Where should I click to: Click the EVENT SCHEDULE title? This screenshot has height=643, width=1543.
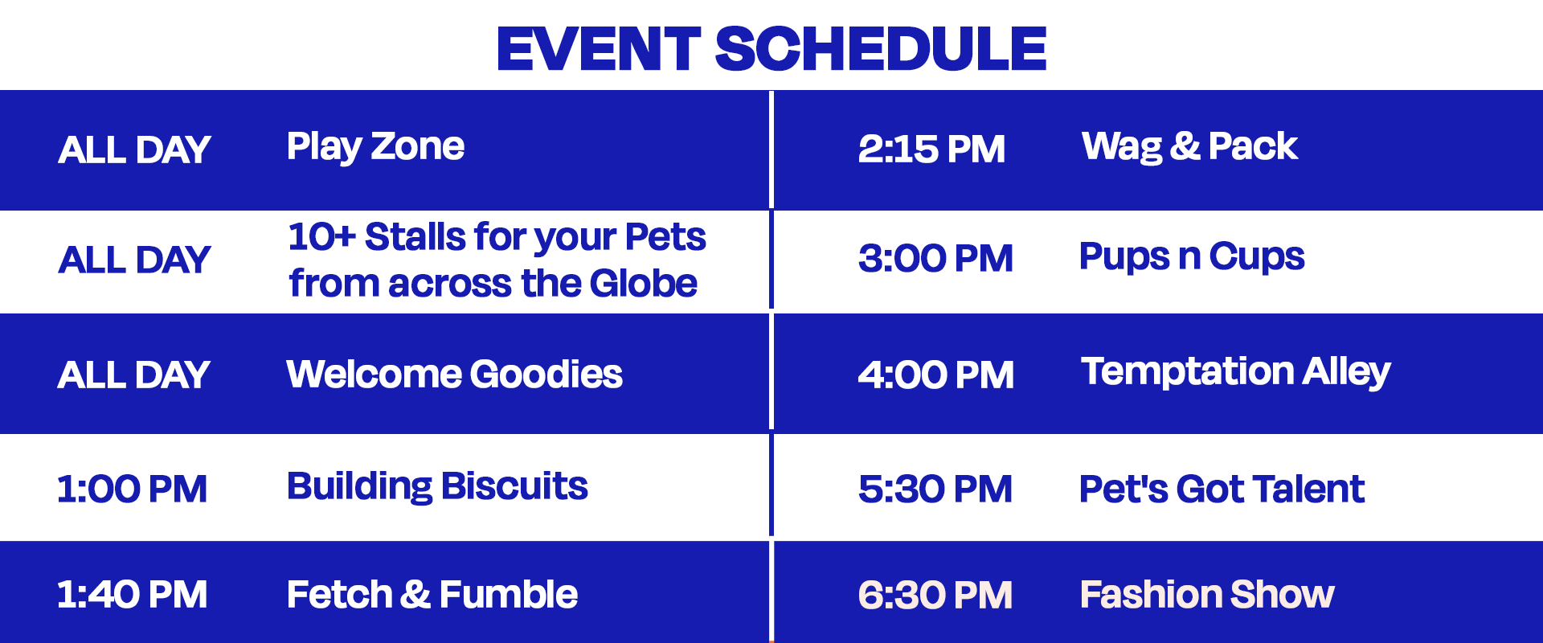tap(771, 48)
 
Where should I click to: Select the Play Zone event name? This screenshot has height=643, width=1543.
tap(375, 147)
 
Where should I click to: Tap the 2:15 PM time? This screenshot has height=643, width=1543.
tap(931, 149)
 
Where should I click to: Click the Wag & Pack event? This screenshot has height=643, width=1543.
tap(1189, 147)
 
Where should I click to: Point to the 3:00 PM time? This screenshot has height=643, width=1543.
tap(935, 259)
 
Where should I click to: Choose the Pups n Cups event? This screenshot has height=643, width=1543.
tap(1192, 257)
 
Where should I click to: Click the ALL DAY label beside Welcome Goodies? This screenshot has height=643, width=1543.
tap(133, 375)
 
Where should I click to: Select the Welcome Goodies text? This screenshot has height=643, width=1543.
tap(454, 375)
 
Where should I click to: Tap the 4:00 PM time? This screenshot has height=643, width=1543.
tap(935, 375)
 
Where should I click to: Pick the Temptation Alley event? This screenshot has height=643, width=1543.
tap(1235, 372)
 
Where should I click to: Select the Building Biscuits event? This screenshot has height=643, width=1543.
tap(437, 487)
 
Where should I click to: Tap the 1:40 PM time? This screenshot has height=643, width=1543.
tap(132, 595)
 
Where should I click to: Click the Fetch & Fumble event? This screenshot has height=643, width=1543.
tap(432, 595)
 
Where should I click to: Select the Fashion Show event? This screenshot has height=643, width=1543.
tap(1207, 595)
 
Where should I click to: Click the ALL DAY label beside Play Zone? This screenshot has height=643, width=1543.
tap(134, 150)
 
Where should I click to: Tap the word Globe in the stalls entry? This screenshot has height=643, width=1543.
tap(643, 284)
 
